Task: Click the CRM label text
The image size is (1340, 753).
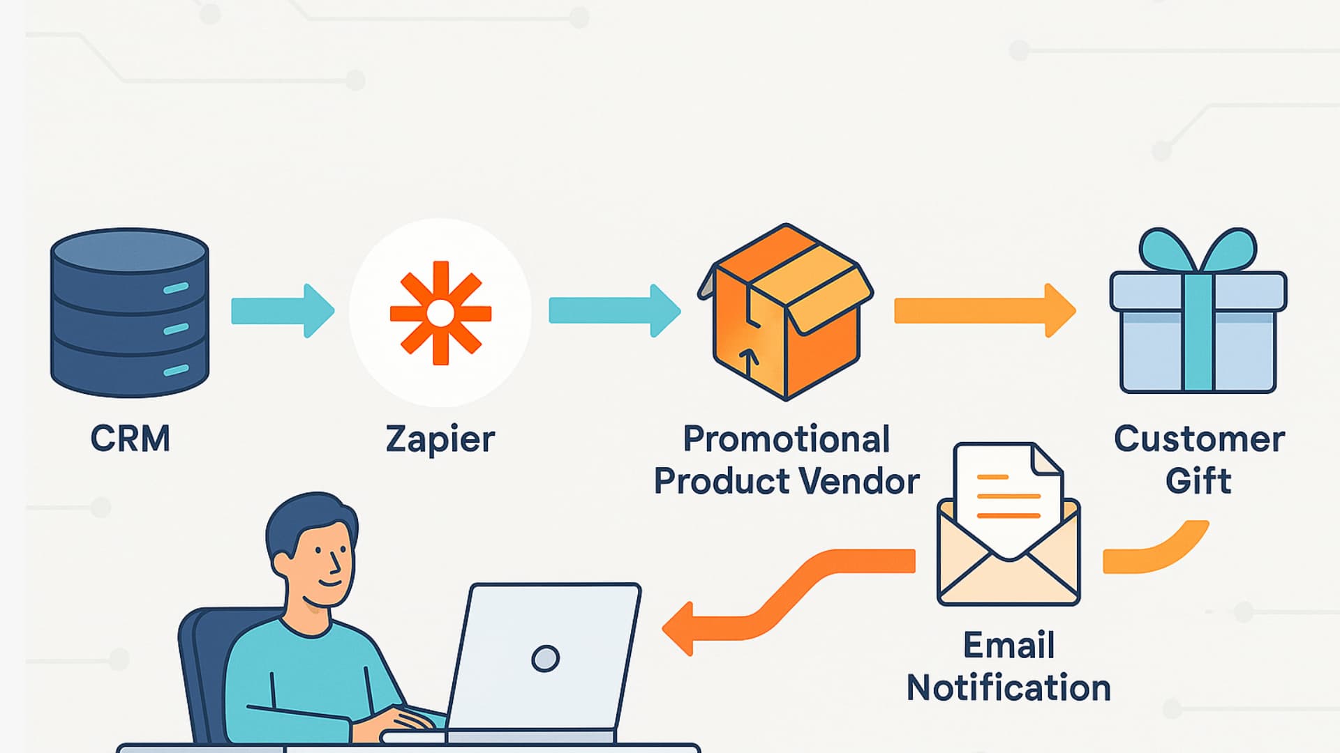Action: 130,439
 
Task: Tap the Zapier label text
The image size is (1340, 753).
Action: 440,439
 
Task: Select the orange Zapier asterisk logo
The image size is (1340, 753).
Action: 440,313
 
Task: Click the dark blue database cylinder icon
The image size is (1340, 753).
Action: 130,312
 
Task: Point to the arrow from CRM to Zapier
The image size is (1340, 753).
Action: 283,311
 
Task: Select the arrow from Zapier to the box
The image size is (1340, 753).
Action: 614,311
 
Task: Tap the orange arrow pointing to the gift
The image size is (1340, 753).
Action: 984,310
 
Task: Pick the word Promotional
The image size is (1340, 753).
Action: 786,439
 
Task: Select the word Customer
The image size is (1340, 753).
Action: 1199,439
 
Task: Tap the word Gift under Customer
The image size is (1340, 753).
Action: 1198,481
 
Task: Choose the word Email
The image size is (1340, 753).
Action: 1008,645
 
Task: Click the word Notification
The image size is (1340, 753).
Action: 1008,688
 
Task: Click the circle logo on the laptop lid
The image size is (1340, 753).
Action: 545,658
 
